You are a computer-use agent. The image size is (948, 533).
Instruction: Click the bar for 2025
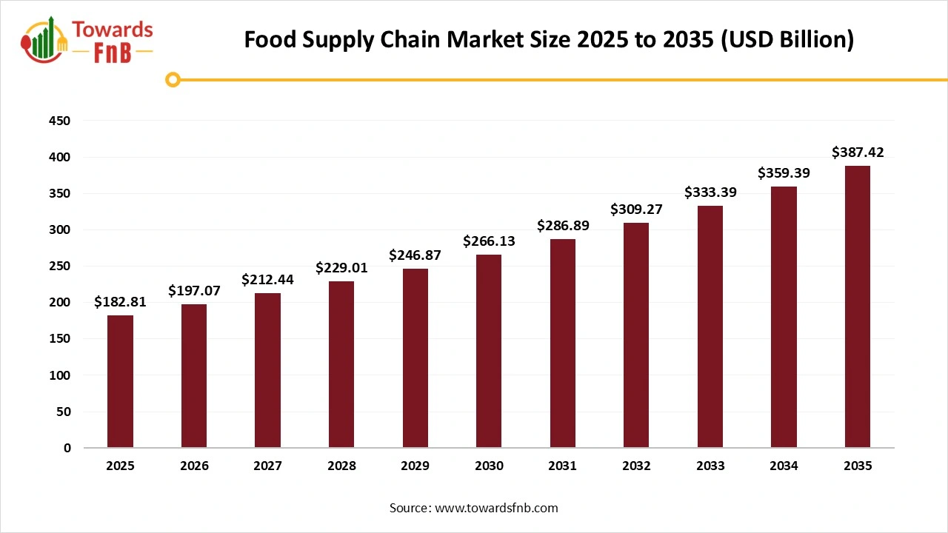[x=120, y=381]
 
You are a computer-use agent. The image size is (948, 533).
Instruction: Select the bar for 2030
[x=489, y=351]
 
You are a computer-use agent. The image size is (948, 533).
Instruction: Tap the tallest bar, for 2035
[x=858, y=306]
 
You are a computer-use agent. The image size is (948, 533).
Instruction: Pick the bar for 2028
[x=341, y=364]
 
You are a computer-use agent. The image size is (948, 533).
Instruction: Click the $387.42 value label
[x=858, y=152]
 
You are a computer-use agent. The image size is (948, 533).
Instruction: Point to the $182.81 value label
[x=120, y=302]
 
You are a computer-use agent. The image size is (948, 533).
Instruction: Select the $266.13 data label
[x=489, y=241]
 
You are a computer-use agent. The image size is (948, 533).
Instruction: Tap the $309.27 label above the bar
[x=636, y=209]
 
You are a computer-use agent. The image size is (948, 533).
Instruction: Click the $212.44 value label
[x=267, y=280]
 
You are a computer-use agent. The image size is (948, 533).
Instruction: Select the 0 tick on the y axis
[x=67, y=448]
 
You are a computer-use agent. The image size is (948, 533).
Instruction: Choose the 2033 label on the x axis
[x=710, y=466]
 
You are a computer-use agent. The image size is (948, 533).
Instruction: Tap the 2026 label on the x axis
[x=194, y=466]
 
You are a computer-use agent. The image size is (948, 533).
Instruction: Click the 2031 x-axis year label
[x=562, y=466]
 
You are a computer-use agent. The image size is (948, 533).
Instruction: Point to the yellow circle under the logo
[x=173, y=79]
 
